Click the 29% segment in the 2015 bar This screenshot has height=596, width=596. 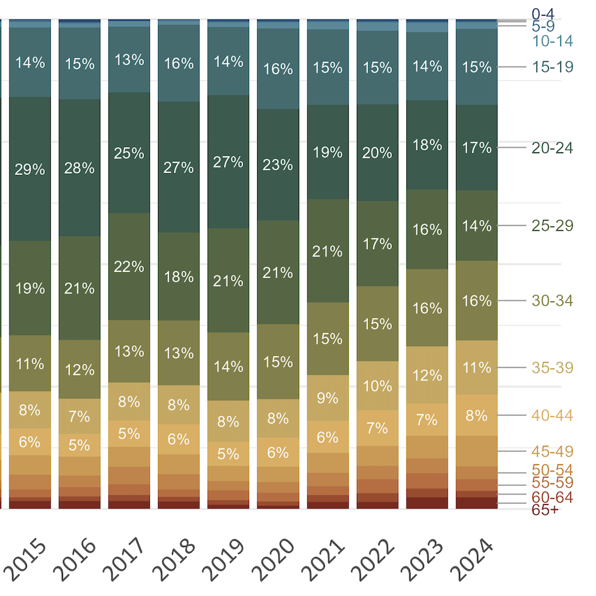pyautogui.click(x=30, y=169)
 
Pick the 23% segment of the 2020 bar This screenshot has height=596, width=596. pyautogui.click(x=278, y=164)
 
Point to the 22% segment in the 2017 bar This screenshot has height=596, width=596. pyautogui.click(x=129, y=267)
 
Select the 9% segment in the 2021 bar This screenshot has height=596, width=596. pyautogui.click(x=328, y=398)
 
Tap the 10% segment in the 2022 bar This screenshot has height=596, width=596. pyautogui.click(x=377, y=385)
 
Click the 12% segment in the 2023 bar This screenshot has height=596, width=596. pyautogui.click(x=427, y=375)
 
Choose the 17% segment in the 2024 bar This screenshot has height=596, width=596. pyautogui.click(x=476, y=148)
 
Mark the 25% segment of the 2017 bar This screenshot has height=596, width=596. pyautogui.click(x=129, y=153)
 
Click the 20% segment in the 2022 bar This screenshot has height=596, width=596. pyautogui.click(x=377, y=153)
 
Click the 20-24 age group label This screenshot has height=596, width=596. pyautogui.click(x=552, y=148)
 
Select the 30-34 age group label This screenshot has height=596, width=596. pyautogui.click(x=552, y=301)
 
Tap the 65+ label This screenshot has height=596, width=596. pyautogui.click(x=545, y=510)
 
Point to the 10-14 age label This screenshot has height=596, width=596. pyautogui.click(x=552, y=41)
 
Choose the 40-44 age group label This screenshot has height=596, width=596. pyautogui.click(x=552, y=416)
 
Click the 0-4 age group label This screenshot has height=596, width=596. pyautogui.click(x=542, y=13)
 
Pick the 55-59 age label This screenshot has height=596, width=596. pyautogui.click(x=552, y=483)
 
